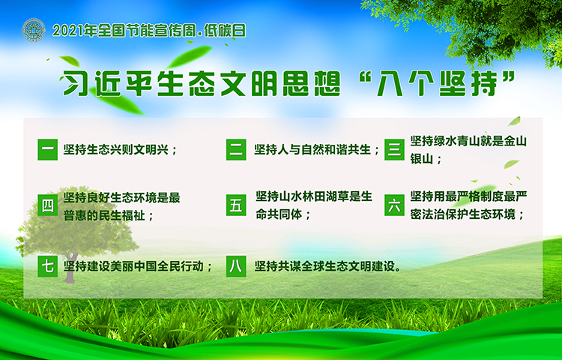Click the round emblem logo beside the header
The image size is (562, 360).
(34, 30)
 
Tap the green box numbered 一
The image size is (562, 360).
(48, 149)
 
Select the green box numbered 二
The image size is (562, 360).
(236, 149)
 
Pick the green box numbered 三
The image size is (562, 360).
(394, 149)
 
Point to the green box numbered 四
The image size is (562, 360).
(48, 205)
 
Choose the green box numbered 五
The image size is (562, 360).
(236, 205)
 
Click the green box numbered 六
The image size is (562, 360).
(394, 205)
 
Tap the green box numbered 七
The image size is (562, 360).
(48, 266)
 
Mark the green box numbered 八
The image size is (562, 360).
(236, 266)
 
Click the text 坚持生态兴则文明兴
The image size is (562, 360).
(115, 149)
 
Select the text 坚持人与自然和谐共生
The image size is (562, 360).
(312, 149)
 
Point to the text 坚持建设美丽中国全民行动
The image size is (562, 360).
(133, 266)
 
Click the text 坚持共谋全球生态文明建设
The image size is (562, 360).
(324, 266)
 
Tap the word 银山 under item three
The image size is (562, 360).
(422, 159)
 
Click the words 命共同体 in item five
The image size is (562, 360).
(279, 214)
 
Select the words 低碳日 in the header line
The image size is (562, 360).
(225, 31)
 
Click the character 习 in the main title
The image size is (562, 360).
(74, 83)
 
